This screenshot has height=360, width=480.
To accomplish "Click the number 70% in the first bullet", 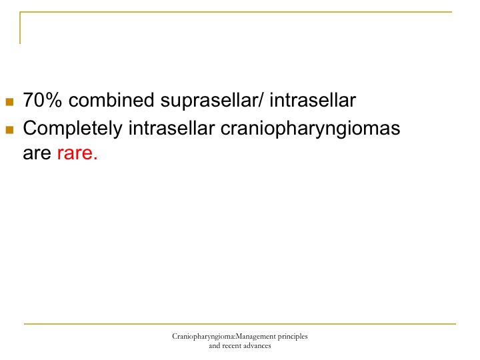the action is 42,100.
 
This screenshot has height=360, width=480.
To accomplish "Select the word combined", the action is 111,100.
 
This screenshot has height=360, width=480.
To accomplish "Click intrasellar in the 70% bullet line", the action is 313,100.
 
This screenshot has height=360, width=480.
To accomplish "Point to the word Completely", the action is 73,129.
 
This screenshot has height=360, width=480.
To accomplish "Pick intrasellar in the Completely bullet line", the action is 171,127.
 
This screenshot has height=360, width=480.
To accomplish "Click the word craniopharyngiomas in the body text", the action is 310,129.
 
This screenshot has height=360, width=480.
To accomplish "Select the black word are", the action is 37,153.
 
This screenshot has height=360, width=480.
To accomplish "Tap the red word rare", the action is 77,153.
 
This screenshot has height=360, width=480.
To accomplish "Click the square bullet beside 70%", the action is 9,101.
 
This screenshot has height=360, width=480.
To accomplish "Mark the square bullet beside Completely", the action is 9,130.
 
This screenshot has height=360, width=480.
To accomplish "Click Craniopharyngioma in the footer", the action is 203,337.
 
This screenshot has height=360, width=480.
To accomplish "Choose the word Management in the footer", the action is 255,337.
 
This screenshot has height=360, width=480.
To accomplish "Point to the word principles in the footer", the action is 293,337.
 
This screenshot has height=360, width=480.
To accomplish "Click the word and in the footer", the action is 215,346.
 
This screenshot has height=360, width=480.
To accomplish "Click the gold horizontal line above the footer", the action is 240,323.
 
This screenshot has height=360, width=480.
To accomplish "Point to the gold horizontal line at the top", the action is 236,12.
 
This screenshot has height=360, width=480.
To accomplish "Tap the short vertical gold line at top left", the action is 20,28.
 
